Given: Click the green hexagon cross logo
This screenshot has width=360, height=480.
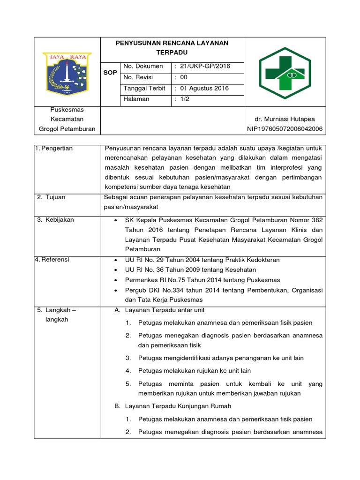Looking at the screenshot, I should pos(285,72).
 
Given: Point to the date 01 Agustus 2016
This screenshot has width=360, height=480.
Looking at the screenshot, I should pos(202,88).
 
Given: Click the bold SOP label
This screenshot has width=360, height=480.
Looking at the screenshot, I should pos(110,73).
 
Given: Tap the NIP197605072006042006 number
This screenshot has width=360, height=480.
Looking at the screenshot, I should pos(285,129).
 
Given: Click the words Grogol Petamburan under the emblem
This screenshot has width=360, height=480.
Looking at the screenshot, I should pos(67,129).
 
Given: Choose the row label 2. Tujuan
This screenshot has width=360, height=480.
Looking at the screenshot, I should pos(51,197).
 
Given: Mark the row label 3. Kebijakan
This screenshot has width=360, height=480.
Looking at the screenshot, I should pos(55,220).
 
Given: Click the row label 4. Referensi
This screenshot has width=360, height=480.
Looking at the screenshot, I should pos(52,260).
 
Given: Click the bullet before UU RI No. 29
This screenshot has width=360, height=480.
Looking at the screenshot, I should pos(115,260).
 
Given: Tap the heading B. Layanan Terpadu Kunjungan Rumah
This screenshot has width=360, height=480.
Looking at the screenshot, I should pos(172,406).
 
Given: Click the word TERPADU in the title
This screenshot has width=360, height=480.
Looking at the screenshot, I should pos(172,52).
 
